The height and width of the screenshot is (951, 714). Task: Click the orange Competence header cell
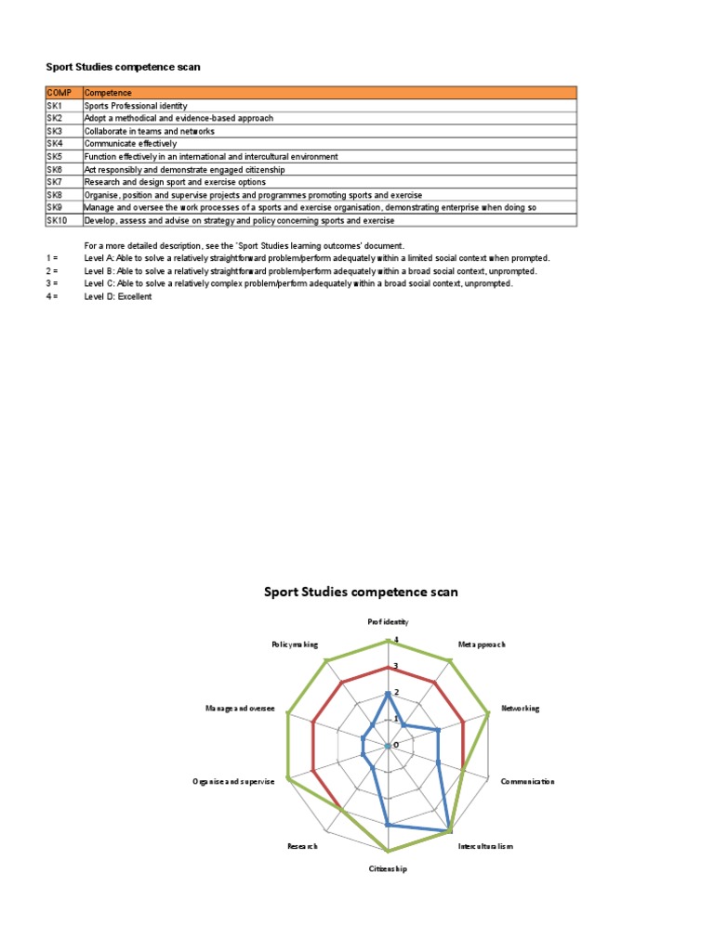(x=108, y=93)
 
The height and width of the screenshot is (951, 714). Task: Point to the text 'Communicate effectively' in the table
(x=130, y=144)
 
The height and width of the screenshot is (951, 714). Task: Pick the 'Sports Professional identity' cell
(x=136, y=106)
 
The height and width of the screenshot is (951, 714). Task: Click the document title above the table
(x=124, y=67)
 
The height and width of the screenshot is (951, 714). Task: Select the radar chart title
(x=361, y=592)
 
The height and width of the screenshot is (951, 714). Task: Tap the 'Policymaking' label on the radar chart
(x=295, y=645)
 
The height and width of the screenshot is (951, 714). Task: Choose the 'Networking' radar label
(x=520, y=709)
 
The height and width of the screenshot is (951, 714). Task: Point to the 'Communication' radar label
(x=527, y=782)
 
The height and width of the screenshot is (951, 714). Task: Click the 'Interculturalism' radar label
(x=484, y=846)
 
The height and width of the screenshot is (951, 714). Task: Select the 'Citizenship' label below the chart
(x=388, y=869)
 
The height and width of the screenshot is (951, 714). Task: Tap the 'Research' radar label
(x=303, y=846)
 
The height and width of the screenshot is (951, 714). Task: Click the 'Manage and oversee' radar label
(x=240, y=709)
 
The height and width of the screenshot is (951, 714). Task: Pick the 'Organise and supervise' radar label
(x=233, y=782)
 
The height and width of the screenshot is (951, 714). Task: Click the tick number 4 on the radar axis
(x=396, y=640)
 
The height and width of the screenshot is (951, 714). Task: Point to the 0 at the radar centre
(x=396, y=745)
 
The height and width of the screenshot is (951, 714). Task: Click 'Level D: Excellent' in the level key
(x=118, y=296)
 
